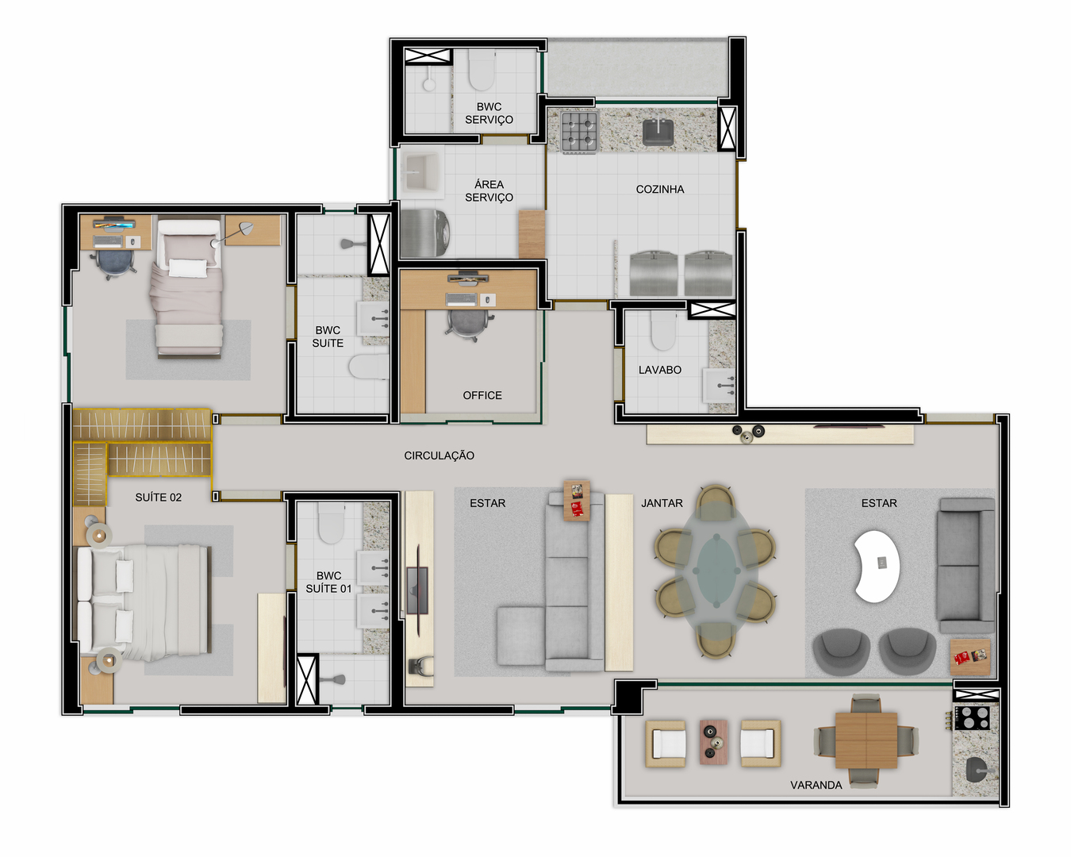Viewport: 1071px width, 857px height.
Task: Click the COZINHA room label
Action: point(659,189)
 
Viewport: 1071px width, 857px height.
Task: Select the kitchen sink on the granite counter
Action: point(658,133)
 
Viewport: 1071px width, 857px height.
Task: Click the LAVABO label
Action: point(659,370)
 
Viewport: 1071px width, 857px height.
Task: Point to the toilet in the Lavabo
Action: point(663,331)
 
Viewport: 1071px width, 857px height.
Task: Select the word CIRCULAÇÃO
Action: point(439,455)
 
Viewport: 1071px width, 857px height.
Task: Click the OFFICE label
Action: point(482,395)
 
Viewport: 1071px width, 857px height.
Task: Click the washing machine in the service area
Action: point(425,233)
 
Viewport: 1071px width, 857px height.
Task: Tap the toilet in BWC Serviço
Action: point(482,70)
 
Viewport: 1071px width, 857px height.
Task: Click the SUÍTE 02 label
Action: point(158,498)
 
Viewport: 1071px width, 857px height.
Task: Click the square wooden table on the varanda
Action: point(866,740)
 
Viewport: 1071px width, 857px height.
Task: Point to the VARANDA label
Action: point(816,786)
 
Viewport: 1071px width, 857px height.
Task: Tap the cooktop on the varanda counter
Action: point(974,718)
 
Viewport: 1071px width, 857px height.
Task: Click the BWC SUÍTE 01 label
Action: point(328,582)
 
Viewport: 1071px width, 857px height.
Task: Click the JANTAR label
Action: point(662,503)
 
